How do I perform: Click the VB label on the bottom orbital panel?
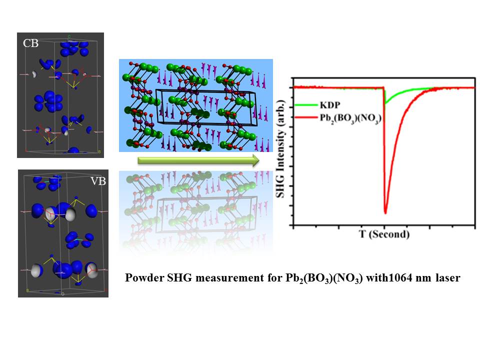pos(98,181)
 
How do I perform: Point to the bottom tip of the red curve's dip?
pos(385,213)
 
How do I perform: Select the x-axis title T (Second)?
pos(384,234)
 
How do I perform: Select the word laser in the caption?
pos(447,278)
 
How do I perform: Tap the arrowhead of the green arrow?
pos(255,160)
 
